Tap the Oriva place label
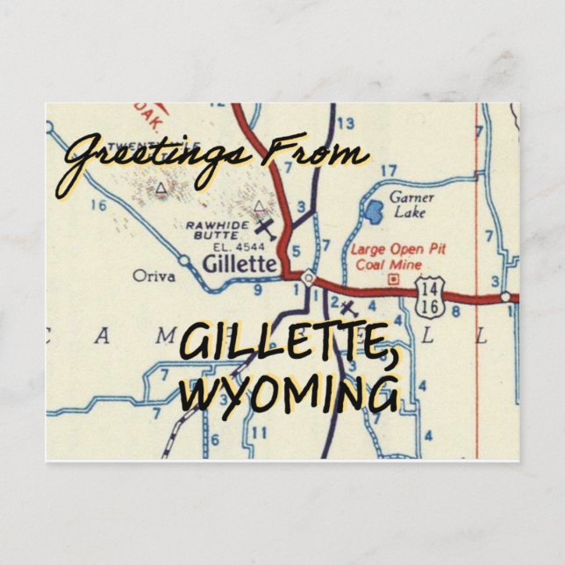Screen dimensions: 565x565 [154, 276]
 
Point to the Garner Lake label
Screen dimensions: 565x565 [411, 204]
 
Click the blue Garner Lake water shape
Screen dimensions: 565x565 [373, 211]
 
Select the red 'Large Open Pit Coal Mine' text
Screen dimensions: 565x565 [398, 257]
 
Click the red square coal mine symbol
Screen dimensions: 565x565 [394, 280]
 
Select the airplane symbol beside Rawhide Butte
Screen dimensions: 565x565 [267, 230]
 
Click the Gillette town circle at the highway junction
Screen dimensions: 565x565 [308, 278]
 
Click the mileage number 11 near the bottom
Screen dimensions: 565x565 [258, 433]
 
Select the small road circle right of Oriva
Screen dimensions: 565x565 [184, 261]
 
